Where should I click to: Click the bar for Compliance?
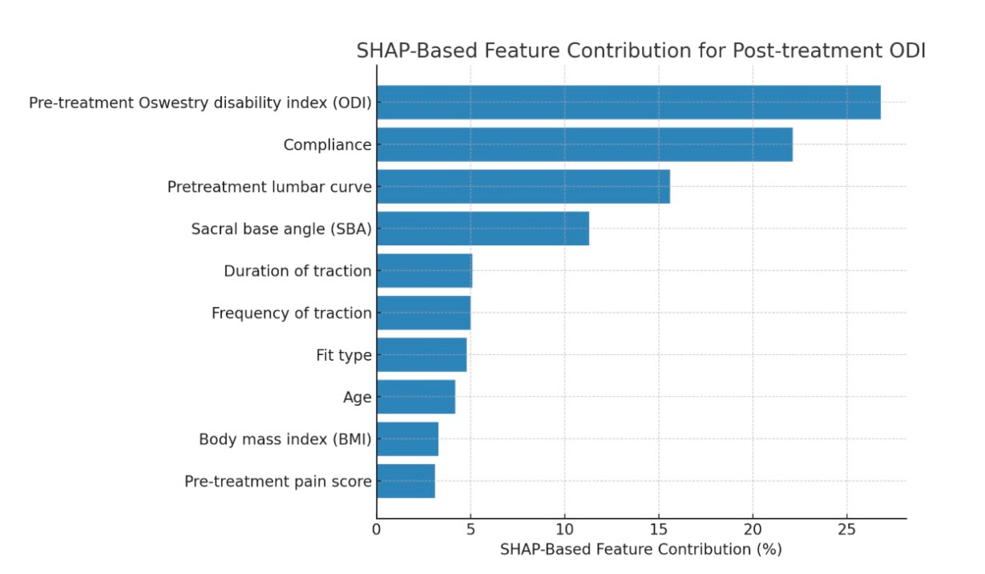click(x=584, y=144)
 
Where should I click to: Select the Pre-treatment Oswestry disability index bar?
click(x=628, y=103)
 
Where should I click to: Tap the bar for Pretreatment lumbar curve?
click(x=523, y=187)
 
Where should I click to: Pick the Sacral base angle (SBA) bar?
click(x=482, y=228)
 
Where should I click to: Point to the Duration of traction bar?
click(x=424, y=271)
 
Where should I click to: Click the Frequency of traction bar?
click(x=423, y=313)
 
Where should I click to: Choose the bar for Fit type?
click(x=422, y=354)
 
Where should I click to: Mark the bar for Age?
click(x=416, y=397)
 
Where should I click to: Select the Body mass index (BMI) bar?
click(x=407, y=439)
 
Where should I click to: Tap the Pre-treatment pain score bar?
click(x=406, y=481)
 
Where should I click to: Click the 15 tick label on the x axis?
click(x=658, y=530)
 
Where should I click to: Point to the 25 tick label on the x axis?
click(x=846, y=530)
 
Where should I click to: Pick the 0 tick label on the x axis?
click(x=377, y=530)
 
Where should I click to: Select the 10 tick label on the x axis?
click(x=564, y=530)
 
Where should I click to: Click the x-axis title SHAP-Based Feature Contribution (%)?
click(x=640, y=550)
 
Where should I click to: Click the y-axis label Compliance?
click(x=327, y=145)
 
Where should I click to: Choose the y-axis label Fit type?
click(x=344, y=355)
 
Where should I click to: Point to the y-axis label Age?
click(x=357, y=398)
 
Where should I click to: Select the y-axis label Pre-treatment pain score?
click(x=278, y=482)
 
